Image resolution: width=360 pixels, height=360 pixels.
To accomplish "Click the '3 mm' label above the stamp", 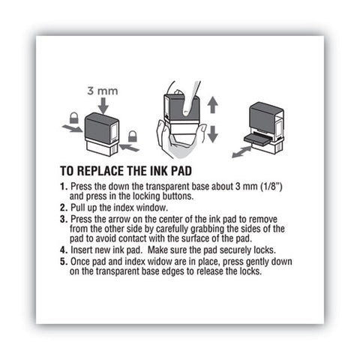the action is pyautogui.click(x=103, y=91).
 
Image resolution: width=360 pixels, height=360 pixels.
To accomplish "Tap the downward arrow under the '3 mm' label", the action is pyautogui.click(x=103, y=106).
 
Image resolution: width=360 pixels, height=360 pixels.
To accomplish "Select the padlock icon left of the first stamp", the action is pyautogui.click(x=73, y=118).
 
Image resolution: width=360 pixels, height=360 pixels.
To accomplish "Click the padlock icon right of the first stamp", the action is pyautogui.click(x=133, y=136).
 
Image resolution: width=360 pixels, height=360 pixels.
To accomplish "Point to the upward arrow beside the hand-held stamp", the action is pyautogui.click(x=213, y=105).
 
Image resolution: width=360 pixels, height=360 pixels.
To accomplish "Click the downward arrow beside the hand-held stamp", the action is pyautogui.click(x=213, y=134).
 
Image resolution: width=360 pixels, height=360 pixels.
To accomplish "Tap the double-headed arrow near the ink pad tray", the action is pyautogui.click(x=241, y=152).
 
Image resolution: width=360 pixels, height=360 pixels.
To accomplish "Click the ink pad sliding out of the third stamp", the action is pyautogui.click(x=256, y=138).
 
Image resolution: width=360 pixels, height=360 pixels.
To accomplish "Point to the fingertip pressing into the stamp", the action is pyautogui.click(x=187, y=112).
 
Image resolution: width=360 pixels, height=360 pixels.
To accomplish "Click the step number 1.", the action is pyautogui.click(x=64, y=187).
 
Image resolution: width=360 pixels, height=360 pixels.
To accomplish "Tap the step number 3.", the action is pyautogui.click(x=64, y=220).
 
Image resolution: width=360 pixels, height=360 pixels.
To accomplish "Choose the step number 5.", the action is pyautogui.click(x=64, y=262).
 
